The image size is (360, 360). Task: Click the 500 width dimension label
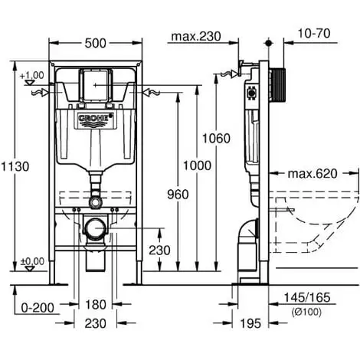point(95,43)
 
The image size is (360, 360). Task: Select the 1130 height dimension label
point(15,167)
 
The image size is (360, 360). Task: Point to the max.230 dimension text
point(196,36)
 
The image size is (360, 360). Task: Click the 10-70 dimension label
point(314,33)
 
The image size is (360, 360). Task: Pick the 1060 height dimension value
point(216,139)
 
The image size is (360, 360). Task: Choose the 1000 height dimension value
point(198,165)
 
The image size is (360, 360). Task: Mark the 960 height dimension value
point(178,195)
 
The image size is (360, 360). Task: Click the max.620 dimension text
point(313,174)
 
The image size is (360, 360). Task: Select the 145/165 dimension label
point(307,297)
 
